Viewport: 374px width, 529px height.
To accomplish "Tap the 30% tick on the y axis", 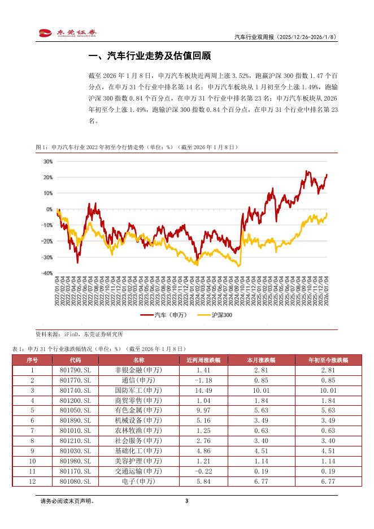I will coord(48,161).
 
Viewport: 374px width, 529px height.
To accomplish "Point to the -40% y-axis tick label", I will coord(47,273).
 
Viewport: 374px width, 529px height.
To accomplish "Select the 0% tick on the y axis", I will coord(50,209).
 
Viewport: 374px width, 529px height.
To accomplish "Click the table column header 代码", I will coord(75,359).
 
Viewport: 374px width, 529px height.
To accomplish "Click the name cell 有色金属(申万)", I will coord(138,410).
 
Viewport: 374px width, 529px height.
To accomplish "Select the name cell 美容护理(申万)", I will coord(138,461).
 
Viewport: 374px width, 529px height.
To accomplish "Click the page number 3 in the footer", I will coord(186,501).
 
